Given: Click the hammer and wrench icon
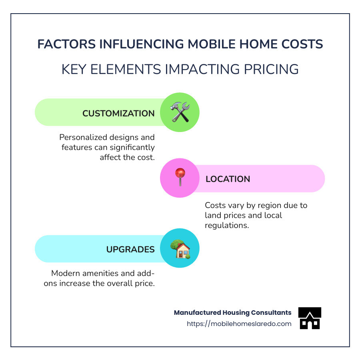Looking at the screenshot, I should (x=180, y=112).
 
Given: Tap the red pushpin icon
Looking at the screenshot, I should (x=180, y=178).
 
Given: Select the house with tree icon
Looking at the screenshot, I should (x=180, y=249).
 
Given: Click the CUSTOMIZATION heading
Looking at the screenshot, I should (x=118, y=114).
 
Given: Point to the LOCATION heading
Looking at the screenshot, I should (x=228, y=179).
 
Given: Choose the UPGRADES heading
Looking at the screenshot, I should (x=130, y=250).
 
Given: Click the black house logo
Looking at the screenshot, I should (x=310, y=318).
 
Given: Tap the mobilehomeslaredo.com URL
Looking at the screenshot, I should (x=239, y=324).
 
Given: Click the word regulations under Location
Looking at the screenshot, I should (x=226, y=225).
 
